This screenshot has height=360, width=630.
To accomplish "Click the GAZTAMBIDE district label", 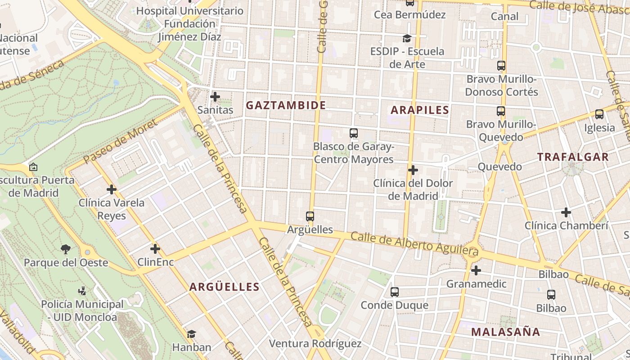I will point(286,105).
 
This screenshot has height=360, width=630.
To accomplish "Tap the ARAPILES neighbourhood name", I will point(420,110).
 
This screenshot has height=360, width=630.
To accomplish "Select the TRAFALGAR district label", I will point(573,157).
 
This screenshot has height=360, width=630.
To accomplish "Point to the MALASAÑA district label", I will point(505,332).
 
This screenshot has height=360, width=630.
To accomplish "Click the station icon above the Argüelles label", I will point(310,216).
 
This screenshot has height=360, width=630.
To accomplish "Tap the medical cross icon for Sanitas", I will point(215,96).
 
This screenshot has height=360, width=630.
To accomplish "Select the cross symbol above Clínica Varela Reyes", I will point(112,189).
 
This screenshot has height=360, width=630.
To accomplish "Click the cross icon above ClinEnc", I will point(155,248).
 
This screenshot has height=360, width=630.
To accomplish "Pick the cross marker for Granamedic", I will point(476,270).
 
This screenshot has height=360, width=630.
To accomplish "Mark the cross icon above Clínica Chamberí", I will point(566,212).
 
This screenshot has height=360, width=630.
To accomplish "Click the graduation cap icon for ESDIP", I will point(407,38).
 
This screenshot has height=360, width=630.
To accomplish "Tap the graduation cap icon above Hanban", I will point(191,334).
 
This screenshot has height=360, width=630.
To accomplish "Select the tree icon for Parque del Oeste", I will point(66,249).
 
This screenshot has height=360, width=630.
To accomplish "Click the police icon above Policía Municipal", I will point(82,291).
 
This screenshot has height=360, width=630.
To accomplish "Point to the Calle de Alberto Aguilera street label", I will point(414,243).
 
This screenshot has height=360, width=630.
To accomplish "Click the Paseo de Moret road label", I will point(120,141).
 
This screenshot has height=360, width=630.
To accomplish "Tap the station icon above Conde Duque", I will point(395,292).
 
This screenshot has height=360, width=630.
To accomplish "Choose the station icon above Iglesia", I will point(599,114).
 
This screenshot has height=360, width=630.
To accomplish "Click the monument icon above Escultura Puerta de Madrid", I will point(33,167).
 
